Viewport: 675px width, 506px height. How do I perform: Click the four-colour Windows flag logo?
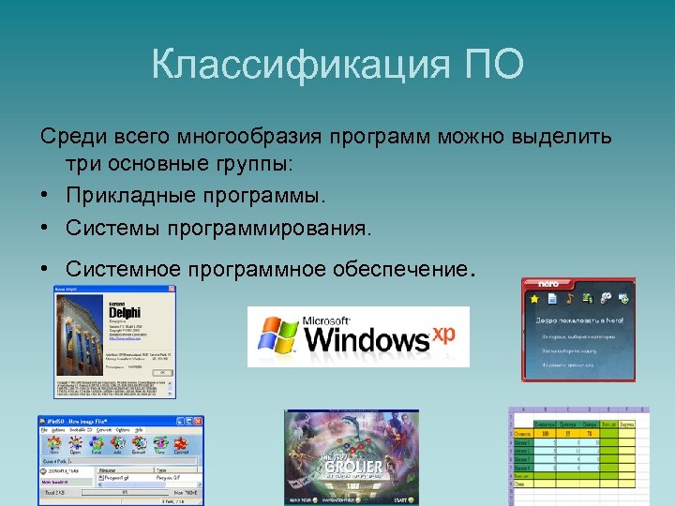(x=277, y=335)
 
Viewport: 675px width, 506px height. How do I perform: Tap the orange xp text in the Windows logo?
(x=442, y=333)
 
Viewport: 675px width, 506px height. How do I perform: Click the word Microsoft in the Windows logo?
(x=328, y=320)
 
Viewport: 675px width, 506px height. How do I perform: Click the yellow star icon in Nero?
(x=533, y=299)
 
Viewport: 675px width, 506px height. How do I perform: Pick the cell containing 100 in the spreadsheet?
(x=543, y=435)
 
